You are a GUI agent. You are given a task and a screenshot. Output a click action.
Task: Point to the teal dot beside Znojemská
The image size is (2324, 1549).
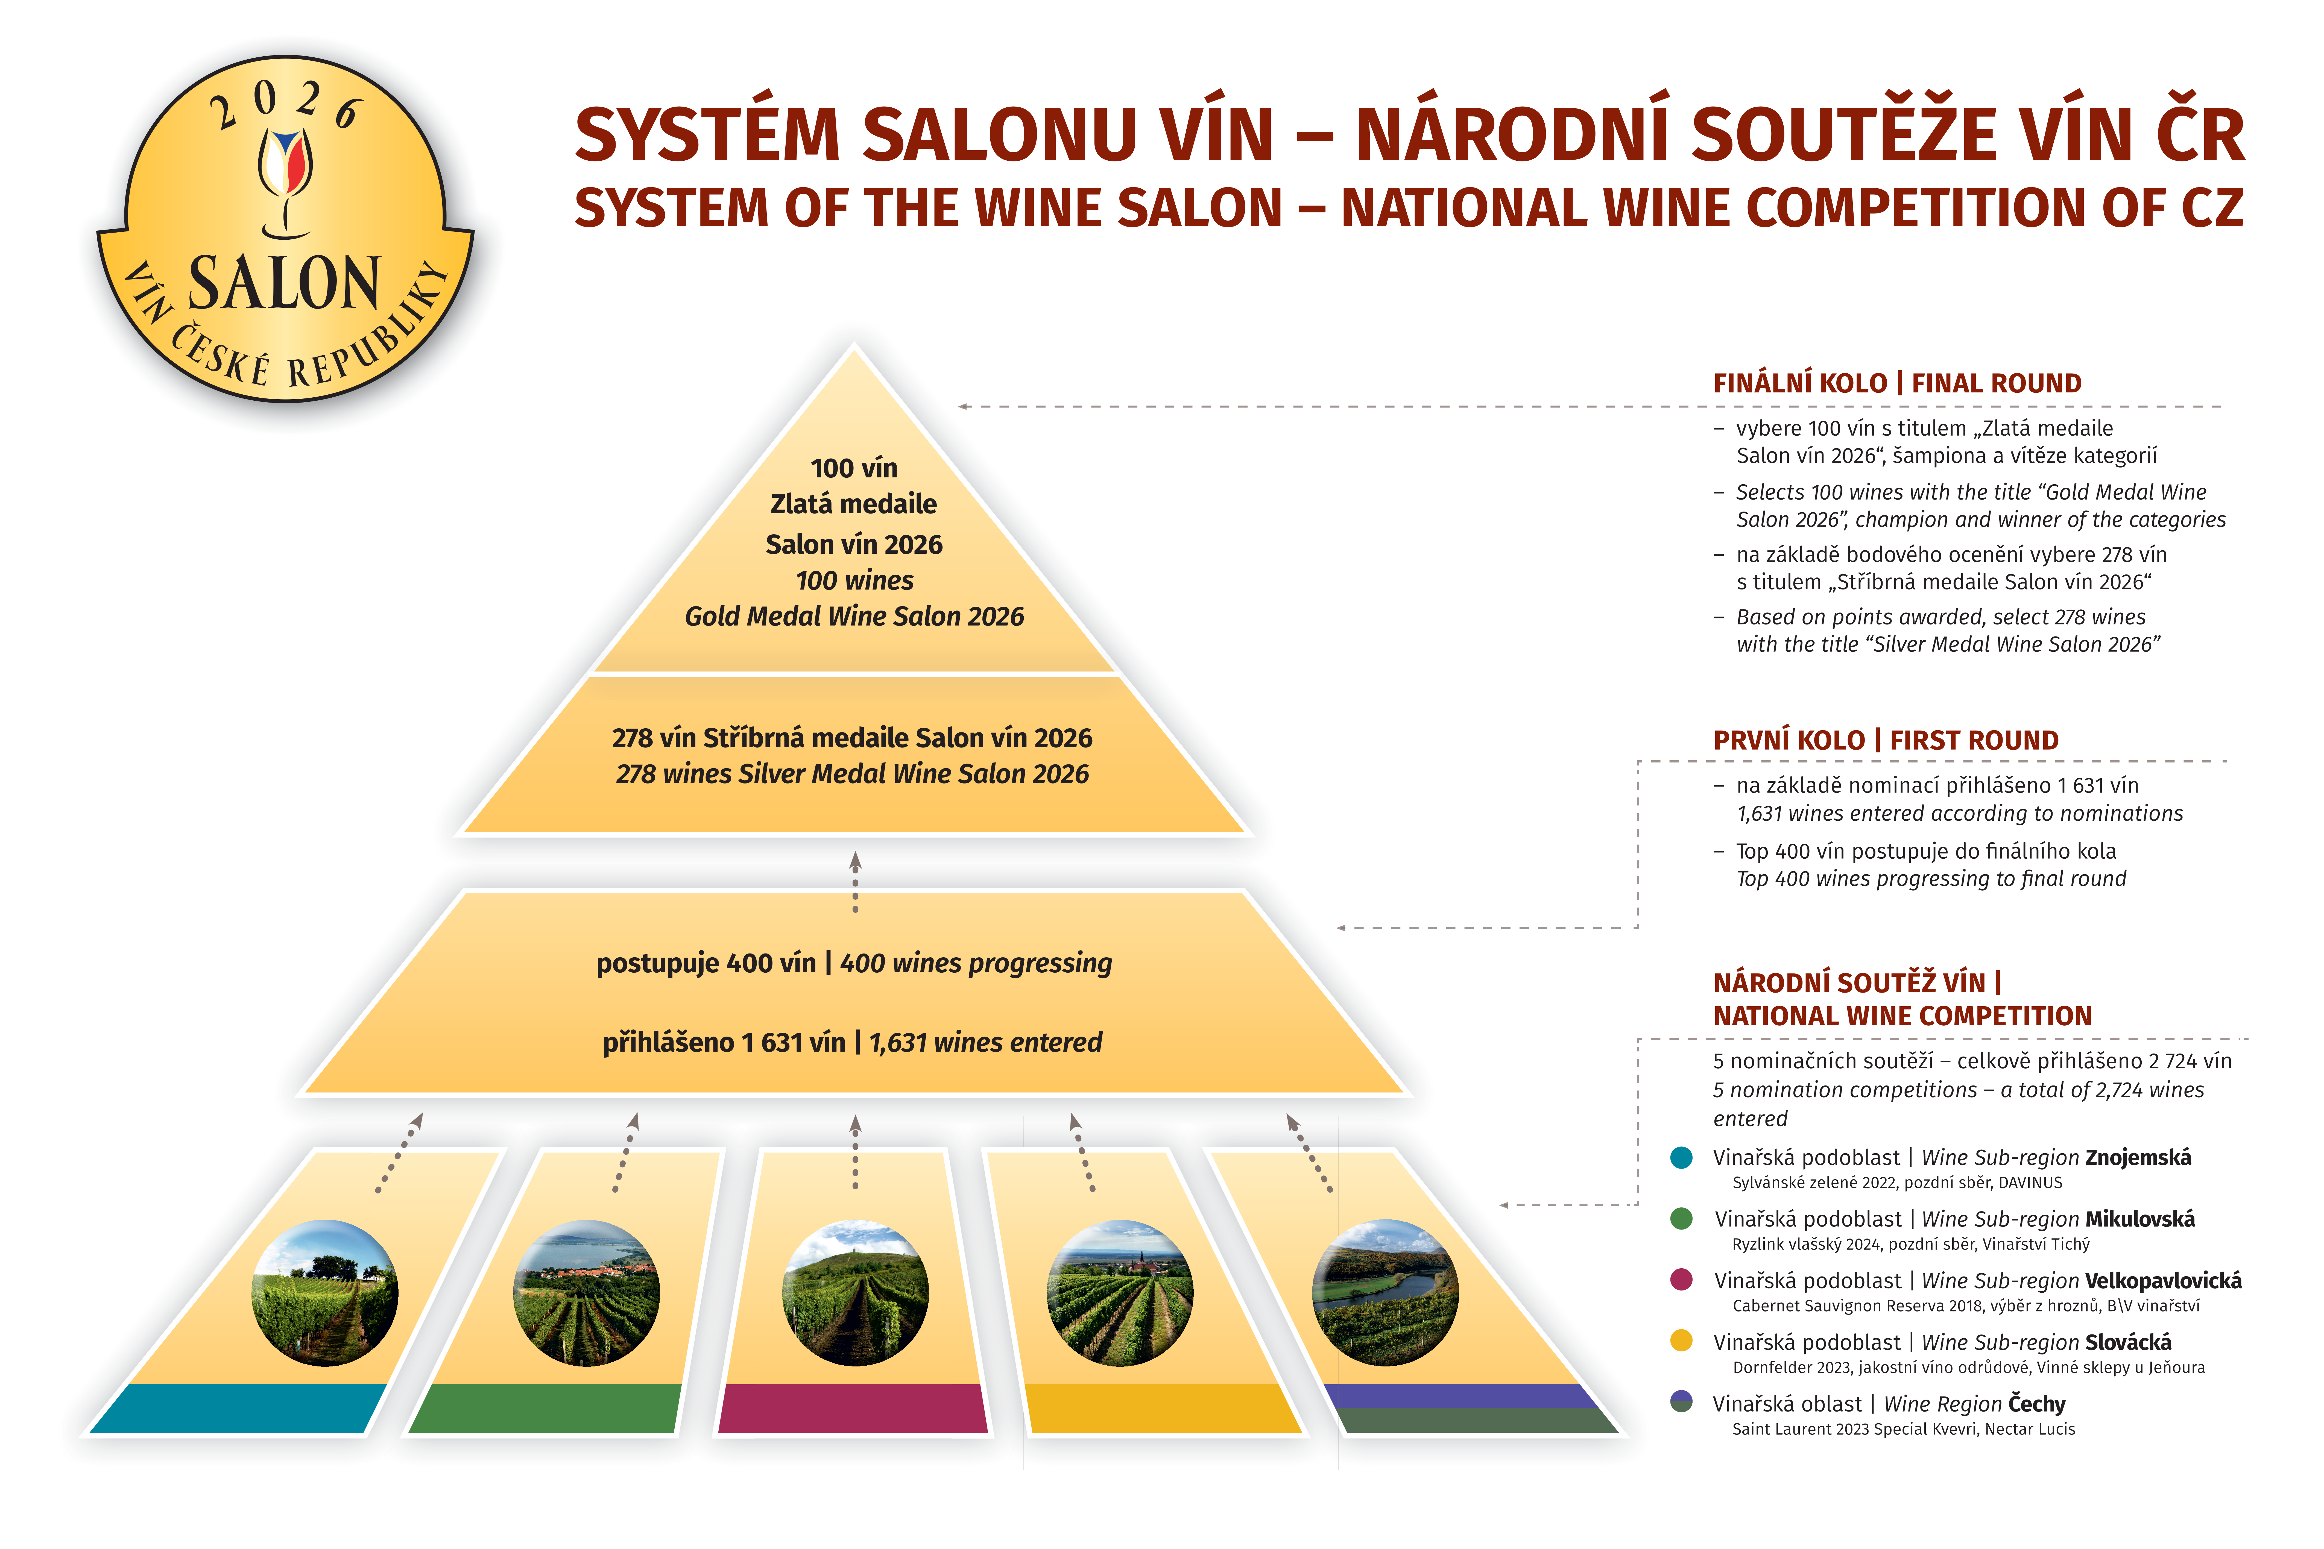pos(1681,1158)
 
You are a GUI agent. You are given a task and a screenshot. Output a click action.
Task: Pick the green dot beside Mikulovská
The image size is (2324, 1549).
pos(1681,1219)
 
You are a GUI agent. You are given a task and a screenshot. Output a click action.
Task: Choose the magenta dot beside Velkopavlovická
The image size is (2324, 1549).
pos(1681,1280)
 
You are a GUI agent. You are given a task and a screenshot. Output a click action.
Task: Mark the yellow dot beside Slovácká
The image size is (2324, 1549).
pos(1681,1342)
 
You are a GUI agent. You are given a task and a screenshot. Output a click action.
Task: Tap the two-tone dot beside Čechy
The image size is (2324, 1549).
pos(1681,1403)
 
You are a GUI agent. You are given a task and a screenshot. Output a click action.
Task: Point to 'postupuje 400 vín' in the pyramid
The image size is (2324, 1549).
pos(706,963)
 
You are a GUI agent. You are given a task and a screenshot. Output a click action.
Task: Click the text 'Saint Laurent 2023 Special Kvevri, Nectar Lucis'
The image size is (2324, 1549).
pos(1903,1430)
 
